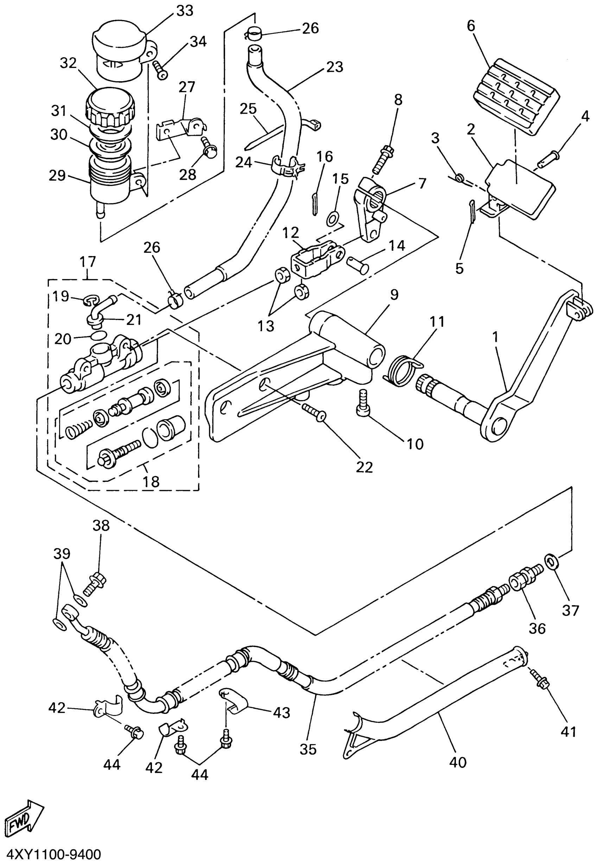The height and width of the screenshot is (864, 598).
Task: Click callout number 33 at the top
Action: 185,11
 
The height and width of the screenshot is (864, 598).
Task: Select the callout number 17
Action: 88,262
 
